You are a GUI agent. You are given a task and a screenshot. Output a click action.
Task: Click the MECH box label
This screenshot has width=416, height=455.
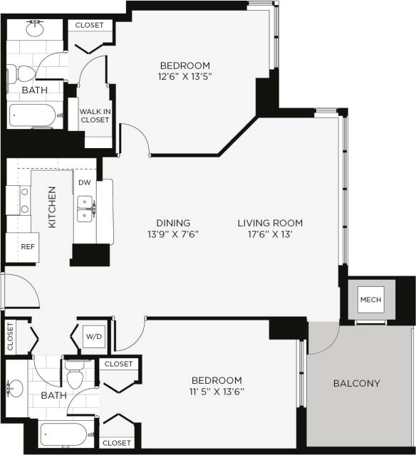click(370, 299)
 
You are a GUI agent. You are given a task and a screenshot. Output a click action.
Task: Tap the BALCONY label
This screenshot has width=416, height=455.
click(356, 384)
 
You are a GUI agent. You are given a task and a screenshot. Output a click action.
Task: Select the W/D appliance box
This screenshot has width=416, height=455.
click(93, 336)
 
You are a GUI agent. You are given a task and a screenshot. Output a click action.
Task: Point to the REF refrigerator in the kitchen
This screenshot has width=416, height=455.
click(28, 247)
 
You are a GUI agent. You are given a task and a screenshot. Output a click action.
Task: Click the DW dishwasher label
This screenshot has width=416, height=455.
click(85, 182)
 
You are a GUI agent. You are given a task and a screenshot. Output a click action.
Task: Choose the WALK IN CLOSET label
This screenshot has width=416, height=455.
click(95, 115)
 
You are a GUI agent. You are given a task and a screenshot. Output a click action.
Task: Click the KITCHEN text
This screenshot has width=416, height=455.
click(52, 207)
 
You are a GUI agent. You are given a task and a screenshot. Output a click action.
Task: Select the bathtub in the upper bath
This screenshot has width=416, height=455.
click(36, 116)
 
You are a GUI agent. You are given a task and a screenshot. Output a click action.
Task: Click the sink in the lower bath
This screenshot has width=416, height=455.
click(16, 389)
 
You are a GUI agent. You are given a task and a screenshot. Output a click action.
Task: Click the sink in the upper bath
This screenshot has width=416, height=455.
click(34, 30)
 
